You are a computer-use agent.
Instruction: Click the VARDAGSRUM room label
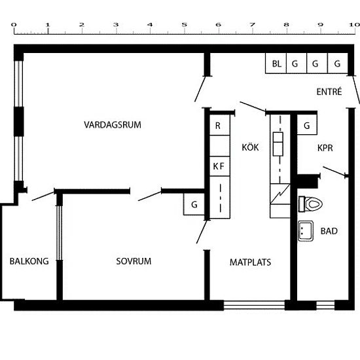(113, 124)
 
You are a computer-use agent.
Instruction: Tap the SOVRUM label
(134, 261)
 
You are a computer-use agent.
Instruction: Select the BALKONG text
(29, 261)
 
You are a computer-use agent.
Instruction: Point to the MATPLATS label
(250, 262)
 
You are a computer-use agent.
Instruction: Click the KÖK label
(250, 147)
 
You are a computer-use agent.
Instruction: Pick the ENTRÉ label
(329, 92)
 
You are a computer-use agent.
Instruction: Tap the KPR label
(325, 148)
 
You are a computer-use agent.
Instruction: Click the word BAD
(329, 231)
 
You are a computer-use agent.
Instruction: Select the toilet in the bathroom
(310, 204)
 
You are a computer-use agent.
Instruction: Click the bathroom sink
(306, 231)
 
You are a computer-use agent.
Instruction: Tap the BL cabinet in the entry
(276, 63)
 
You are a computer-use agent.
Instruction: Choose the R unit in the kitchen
(220, 125)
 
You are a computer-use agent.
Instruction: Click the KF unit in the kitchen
(220, 166)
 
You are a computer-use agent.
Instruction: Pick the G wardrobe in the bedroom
(194, 204)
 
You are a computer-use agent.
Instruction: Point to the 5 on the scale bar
(184, 25)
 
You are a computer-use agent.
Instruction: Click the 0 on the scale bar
(14, 25)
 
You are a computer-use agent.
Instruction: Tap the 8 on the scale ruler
(286, 25)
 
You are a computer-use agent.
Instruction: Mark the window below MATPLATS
(254, 306)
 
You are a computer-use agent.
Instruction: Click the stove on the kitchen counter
(278, 144)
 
